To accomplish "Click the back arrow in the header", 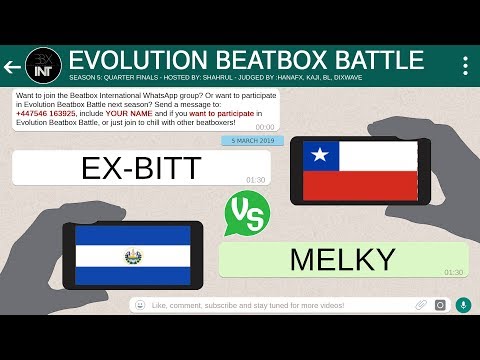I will click(x=13, y=67).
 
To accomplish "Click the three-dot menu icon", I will click(x=465, y=66).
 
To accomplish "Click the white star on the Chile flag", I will click(x=319, y=156).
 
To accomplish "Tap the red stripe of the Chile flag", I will click(x=360, y=185).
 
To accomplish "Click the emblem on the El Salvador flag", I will click(x=132, y=257).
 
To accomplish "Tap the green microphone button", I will click(x=463, y=304).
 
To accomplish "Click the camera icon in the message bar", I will click(x=440, y=304).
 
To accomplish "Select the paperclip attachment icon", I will click(x=421, y=304).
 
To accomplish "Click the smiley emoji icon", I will click(x=141, y=304).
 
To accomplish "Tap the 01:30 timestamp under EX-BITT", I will click(x=255, y=180).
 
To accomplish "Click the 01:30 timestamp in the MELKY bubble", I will click(x=453, y=272).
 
